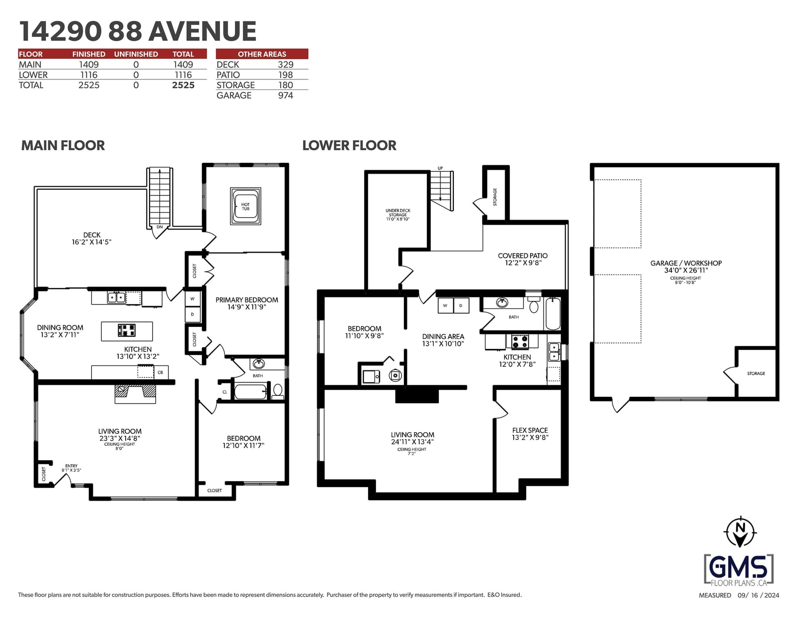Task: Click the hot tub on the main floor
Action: pyautogui.click(x=245, y=206)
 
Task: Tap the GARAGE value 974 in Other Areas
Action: pyautogui.click(x=285, y=95)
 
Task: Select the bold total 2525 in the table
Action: pyautogui.click(x=183, y=85)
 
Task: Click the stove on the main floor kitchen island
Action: pyautogui.click(x=127, y=330)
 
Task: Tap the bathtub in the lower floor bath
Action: pyautogui.click(x=553, y=314)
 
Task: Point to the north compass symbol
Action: pyautogui.click(x=741, y=532)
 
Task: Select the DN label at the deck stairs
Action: pyautogui.click(x=160, y=227)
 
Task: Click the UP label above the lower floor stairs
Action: pyautogui.click(x=440, y=168)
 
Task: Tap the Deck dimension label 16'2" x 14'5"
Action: pyautogui.click(x=91, y=242)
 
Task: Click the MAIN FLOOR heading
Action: pyautogui.click(x=63, y=146)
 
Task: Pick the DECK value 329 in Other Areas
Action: pyautogui.click(x=285, y=65)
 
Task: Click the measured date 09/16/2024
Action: pyautogui.click(x=758, y=596)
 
